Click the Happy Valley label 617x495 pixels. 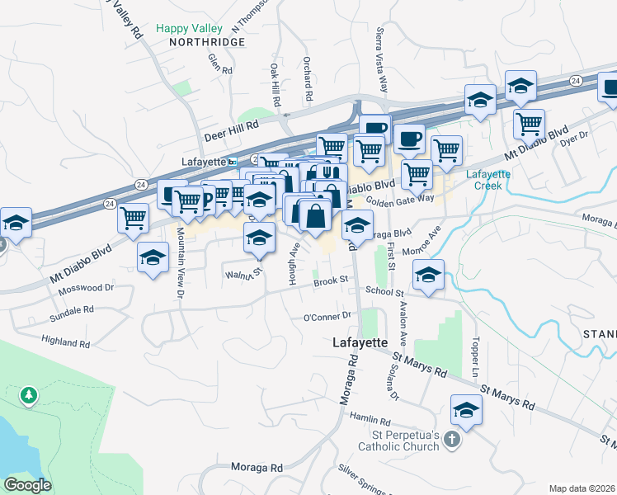(188, 28)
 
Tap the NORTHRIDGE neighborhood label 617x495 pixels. (207, 41)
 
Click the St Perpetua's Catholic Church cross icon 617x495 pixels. (450, 440)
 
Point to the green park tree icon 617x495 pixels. (30, 396)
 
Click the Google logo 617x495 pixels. (27, 485)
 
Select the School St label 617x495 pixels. (384, 293)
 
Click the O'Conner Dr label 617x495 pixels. (327, 317)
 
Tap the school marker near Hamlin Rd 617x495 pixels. (466, 410)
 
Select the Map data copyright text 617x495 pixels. (582, 488)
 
